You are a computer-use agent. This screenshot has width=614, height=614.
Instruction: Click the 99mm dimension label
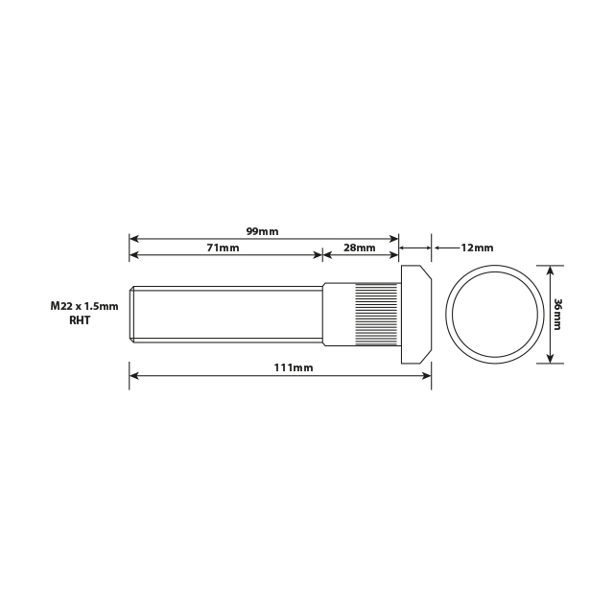262,231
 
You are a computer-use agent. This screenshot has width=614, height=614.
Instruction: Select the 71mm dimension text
223,248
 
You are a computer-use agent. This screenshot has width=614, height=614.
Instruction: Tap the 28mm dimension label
359,248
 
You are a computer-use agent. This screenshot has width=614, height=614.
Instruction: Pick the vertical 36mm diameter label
557,314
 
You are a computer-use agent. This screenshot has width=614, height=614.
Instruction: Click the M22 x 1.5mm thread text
84,306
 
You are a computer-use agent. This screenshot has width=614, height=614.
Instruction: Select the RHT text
80,321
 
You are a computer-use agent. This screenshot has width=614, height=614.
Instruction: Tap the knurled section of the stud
378,315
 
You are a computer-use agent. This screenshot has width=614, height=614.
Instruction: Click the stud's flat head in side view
414,315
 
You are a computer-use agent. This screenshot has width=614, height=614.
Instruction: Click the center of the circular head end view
495,314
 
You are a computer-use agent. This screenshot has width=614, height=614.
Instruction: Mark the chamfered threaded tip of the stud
132,314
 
